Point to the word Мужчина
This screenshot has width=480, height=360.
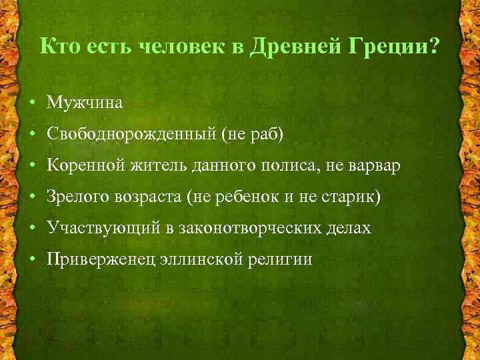(x=85, y=103)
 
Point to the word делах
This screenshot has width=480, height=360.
(x=347, y=228)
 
